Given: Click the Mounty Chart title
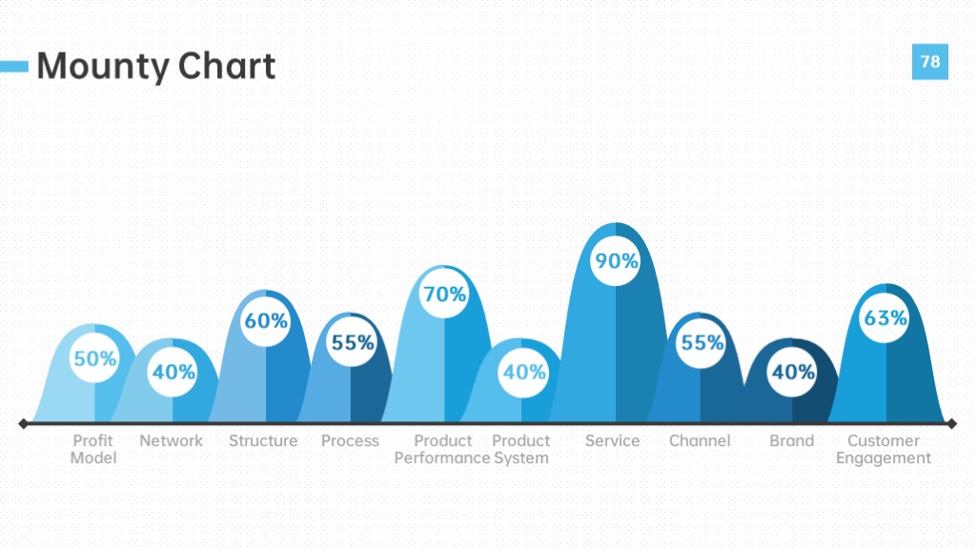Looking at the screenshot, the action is coord(155,66).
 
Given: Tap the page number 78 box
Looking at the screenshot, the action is coord(930,62).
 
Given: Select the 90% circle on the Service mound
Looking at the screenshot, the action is coord(616,261).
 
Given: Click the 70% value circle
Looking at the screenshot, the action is coord(444,294).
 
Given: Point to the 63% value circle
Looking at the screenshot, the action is coord(885,317).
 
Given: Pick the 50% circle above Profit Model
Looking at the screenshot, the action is coord(94,358).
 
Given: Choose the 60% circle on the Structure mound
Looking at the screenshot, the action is coord(266,320).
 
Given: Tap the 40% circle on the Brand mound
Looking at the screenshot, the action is coord(792,372).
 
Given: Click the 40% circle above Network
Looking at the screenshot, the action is coord(173,372).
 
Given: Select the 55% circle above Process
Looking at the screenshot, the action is coord(352,342).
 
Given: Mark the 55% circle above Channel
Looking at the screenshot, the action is coord(701,342).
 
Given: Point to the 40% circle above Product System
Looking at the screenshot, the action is coord(523,372).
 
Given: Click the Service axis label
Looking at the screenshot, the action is coord(612,440).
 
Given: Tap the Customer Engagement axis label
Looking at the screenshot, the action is coord(884,450).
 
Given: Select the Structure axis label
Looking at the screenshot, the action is coord(263,440).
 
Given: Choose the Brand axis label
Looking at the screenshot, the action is coord(791,440).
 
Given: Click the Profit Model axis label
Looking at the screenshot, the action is coord(93,450).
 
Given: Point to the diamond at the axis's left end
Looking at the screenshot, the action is coord(24,424).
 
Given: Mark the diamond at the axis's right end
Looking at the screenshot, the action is coord(952,424).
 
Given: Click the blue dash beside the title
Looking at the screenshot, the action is coord(14,66).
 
